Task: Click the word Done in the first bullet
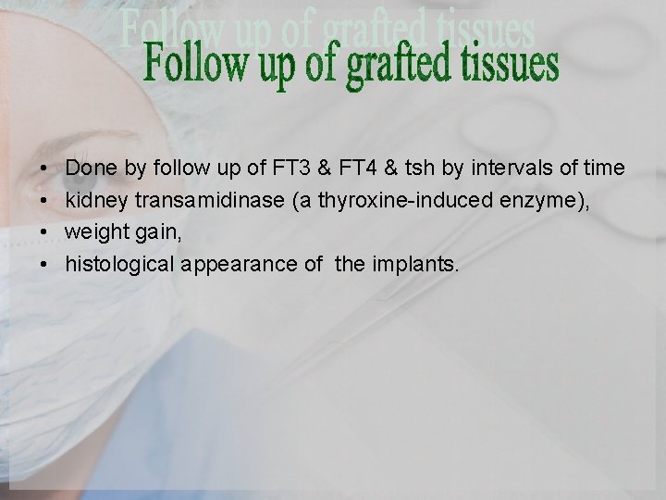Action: [x=88, y=169]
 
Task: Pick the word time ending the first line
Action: [x=603, y=169]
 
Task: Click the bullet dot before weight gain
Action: [x=44, y=232]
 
